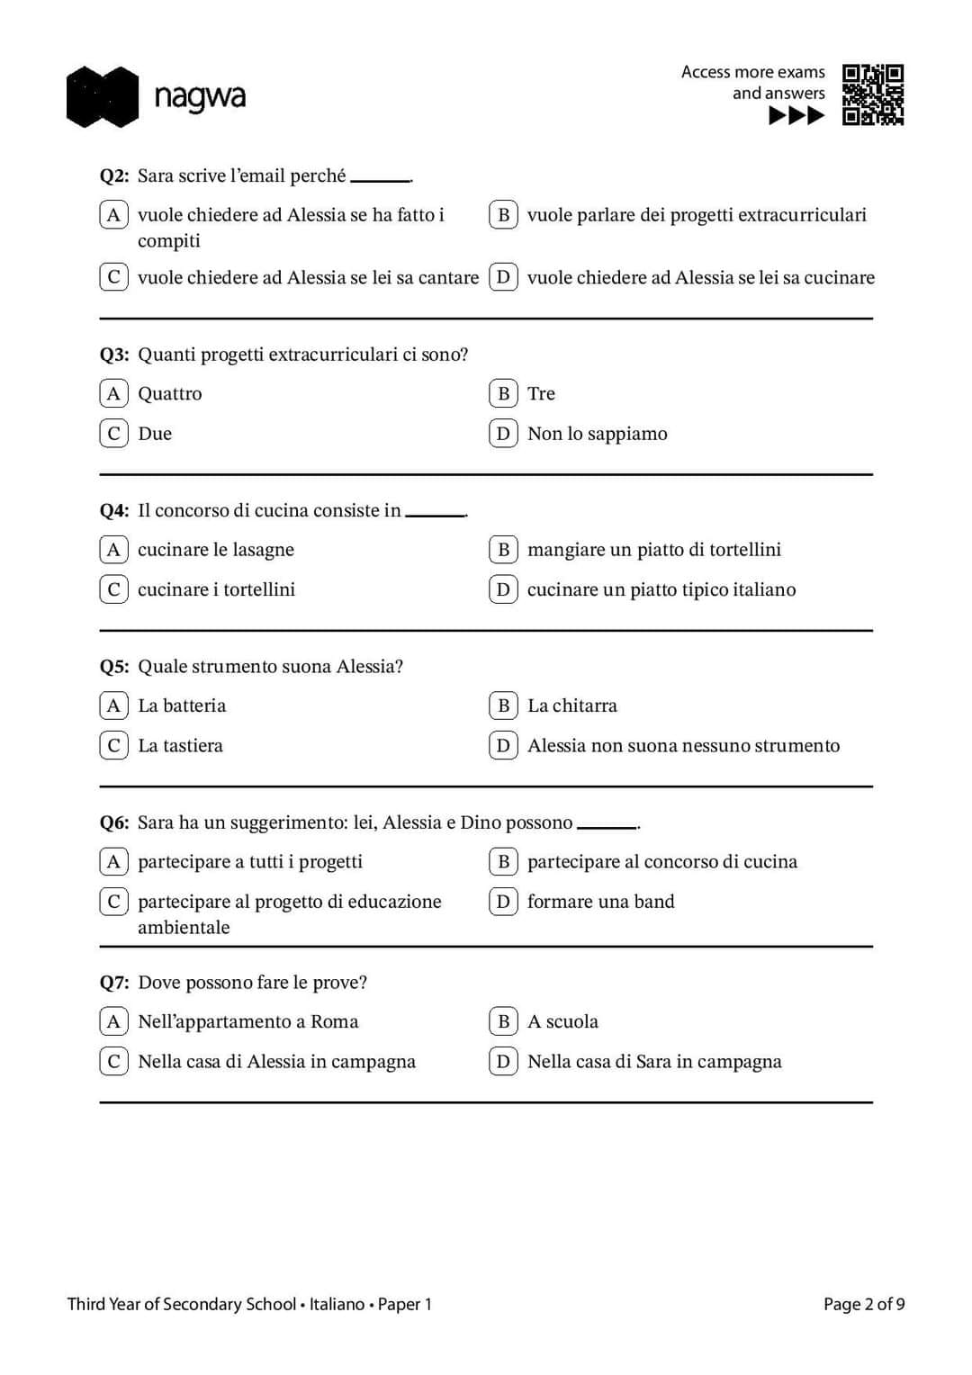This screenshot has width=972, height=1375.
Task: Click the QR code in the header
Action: pyautogui.click(x=872, y=94)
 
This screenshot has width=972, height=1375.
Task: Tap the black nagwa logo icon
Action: pyautogui.click(x=103, y=96)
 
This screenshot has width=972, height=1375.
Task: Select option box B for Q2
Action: pyautogui.click(x=503, y=215)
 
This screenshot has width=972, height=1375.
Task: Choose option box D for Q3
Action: pyautogui.click(x=503, y=434)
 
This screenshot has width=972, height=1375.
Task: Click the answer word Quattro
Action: pyautogui.click(x=170, y=394)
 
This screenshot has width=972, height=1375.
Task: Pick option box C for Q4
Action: pyautogui.click(x=113, y=589)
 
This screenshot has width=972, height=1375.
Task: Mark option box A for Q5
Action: pyautogui.click(x=113, y=705)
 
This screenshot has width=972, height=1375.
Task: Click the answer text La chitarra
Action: pyautogui.click(x=572, y=705)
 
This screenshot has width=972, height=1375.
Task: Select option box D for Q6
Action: pyautogui.click(x=503, y=902)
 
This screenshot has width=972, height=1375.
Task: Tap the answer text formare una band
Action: pyautogui.click(x=600, y=902)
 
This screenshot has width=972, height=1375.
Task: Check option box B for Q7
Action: pyautogui.click(x=503, y=1021)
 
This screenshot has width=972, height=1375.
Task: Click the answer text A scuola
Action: pyautogui.click(x=562, y=1021)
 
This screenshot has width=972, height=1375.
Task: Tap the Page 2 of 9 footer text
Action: pyautogui.click(x=864, y=1304)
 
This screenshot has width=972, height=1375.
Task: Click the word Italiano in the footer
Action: pyautogui.click(x=337, y=1304)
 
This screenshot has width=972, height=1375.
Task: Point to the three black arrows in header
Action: pyautogui.click(x=796, y=115)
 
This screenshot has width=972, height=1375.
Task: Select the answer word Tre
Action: pyautogui.click(x=541, y=394)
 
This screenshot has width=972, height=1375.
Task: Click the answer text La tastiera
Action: pyautogui.click(x=180, y=746)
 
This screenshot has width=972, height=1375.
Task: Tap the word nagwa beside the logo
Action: pyautogui.click(x=200, y=97)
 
